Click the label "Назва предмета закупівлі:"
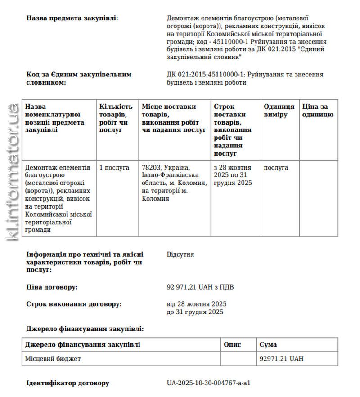(x=72, y=18)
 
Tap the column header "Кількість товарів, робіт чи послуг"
(x=116, y=118)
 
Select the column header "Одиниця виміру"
(x=279, y=111)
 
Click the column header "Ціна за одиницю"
(x=318, y=111)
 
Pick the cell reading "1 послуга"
(x=114, y=168)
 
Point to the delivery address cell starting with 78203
(x=174, y=183)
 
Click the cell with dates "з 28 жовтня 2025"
(x=232, y=175)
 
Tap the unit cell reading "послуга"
(x=276, y=168)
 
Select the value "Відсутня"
(x=180, y=254)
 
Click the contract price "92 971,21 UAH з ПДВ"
(x=200, y=287)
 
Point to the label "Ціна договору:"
(x=52, y=287)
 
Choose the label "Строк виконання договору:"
(x=74, y=304)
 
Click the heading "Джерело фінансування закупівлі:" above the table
(x=85, y=329)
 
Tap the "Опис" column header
(x=233, y=345)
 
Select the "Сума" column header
(x=268, y=345)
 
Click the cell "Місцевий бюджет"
(x=53, y=359)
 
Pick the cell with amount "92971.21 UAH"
(x=282, y=359)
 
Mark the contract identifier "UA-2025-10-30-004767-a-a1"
(x=208, y=384)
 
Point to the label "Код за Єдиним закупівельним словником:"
(x=79, y=78)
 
